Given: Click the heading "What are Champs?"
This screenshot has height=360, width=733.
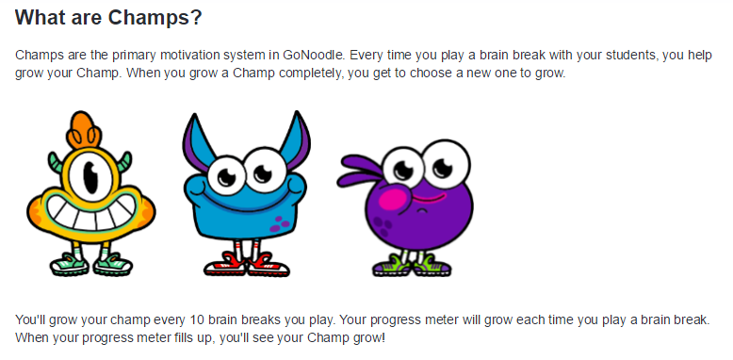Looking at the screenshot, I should pos(109,18).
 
